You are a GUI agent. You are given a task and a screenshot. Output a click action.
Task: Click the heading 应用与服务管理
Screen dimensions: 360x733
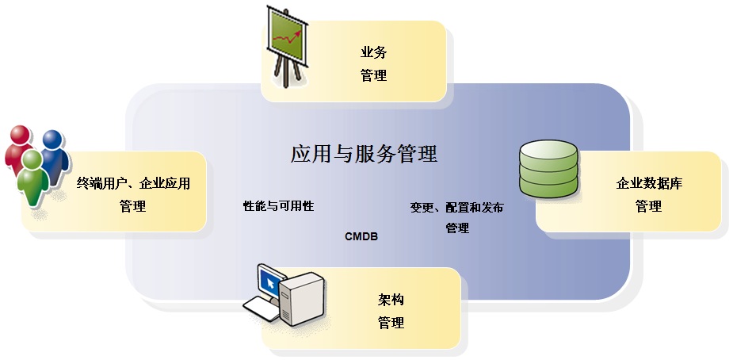(x=364, y=153)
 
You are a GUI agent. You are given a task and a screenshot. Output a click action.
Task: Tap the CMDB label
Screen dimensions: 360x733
(x=361, y=236)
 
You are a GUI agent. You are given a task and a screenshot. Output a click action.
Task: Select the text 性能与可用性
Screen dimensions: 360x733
(x=278, y=206)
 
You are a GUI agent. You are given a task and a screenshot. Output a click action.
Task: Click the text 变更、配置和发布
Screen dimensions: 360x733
(x=456, y=208)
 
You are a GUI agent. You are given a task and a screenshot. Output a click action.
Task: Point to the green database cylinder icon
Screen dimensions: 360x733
(x=548, y=169)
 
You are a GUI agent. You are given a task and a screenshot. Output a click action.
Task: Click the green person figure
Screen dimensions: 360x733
(x=32, y=178)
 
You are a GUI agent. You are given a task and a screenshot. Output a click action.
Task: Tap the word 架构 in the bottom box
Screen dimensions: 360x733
(x=391, y=301)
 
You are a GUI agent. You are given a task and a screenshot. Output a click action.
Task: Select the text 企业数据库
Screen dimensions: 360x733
(x=649, y=184)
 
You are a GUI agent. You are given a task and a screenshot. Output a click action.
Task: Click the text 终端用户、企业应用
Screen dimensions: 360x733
(x=133, y=184)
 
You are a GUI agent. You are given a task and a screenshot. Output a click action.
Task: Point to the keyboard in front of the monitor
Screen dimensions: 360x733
(x=261, y=309)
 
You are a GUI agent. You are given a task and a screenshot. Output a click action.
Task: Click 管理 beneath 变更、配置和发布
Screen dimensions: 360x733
(x=456, y=228)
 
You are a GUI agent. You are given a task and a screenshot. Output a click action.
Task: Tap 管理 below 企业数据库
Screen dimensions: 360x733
(x=648, y=206)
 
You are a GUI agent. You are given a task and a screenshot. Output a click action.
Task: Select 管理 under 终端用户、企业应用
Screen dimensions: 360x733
(x=133, y=206)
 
